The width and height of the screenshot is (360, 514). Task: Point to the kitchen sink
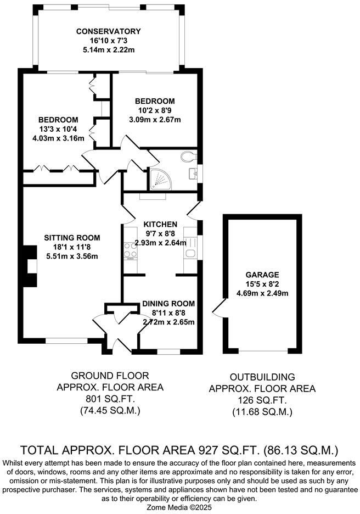click(x=190, y=253)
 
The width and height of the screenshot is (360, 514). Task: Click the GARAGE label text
click(x=262, y=275)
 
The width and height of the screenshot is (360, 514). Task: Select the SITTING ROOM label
click(x=72, y=238)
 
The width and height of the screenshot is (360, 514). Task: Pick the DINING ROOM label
click(x=168, y=303)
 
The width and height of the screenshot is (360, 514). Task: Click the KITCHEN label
click(x=160, y=224)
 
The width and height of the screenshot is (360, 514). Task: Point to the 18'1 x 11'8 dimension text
click(x=72, y=247)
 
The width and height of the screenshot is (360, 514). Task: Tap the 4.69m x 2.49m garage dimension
click(x=262, y=293)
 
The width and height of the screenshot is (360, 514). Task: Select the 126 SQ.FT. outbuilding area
click(x=262, y=400)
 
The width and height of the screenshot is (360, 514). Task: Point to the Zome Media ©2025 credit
click(x=179, y=507)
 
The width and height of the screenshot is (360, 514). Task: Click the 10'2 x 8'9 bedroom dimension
click(x=155, y=110)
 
